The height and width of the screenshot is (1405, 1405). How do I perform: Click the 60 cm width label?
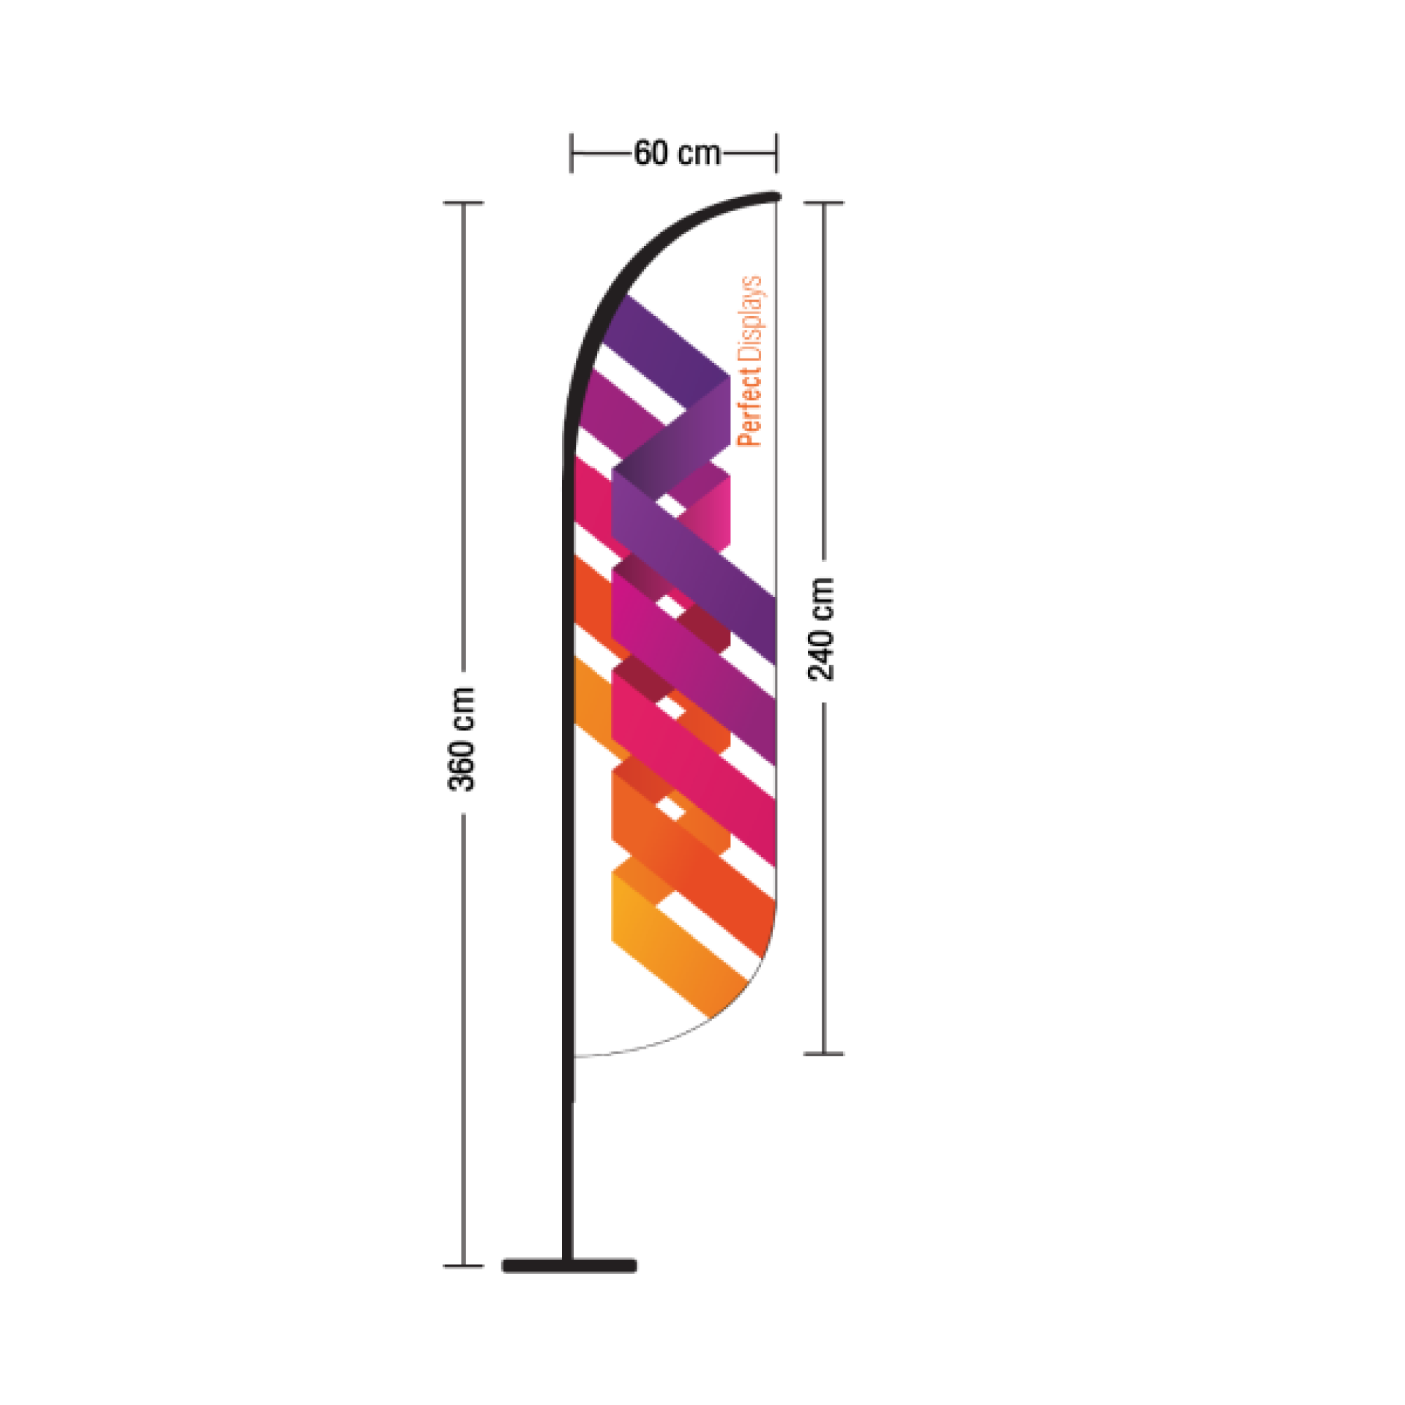pyautogui.click(x=676, y=154)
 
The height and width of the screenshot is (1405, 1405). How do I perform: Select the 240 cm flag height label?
pyautogui.click(x=821, y=629)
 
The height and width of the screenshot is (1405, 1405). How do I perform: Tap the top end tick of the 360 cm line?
pyautogui.click(x=463, y=203)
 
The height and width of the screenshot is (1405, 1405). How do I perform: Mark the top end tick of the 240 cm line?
pyautogui.click(x=825, y=203)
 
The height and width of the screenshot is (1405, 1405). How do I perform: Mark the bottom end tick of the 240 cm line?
pyautogui.click(x=825, y=1054)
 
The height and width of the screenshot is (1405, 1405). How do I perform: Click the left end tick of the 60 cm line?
pyautogui.click(x=572, y=154)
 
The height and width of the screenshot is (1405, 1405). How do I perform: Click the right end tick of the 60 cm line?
pyautogui.click(x=776, y=154)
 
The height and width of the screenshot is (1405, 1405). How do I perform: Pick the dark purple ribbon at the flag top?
pyautogui.click(x=666, y=344)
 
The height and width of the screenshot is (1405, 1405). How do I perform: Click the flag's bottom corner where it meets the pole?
pyautogui.click(x=575, y=1056)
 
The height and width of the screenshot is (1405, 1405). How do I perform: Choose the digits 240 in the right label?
pyautogui.click(x=821, y=655)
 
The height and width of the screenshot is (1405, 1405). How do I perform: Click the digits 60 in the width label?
pyautogui.click(x=651, y=154)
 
